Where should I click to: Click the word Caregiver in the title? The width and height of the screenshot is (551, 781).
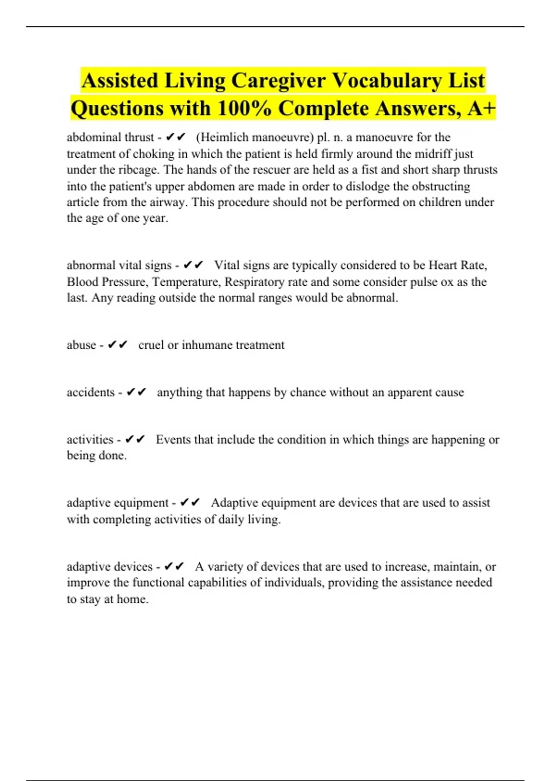click(278, 81)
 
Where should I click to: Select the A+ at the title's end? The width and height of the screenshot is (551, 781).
click(482, 109)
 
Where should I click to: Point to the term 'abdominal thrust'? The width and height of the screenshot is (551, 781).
click(110, 137)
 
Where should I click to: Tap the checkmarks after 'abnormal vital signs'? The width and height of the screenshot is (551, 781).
click(193, 266)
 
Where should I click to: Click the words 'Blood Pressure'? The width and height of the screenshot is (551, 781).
click(105, 282)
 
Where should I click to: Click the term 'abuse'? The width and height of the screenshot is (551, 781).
click(81, 345)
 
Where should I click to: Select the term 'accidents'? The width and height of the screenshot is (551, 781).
click(90, 392)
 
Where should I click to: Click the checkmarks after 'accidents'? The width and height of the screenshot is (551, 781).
click(136, 392)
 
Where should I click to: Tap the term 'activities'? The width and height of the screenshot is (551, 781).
click(90, 440)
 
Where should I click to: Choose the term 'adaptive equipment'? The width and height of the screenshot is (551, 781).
click(118, 503)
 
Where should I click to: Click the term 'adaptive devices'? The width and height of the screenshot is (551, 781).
click(109, 566)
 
